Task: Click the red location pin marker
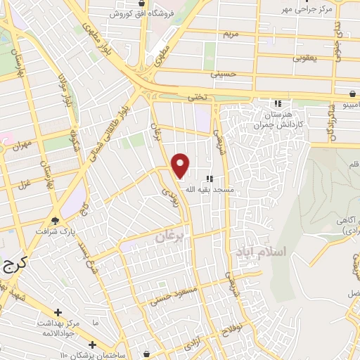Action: (x=181, y=165)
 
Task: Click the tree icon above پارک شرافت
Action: (x=55, y=220)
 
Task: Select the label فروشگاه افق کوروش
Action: (x=139, y=13)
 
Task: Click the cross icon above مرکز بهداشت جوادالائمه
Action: (x=58, y=312)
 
